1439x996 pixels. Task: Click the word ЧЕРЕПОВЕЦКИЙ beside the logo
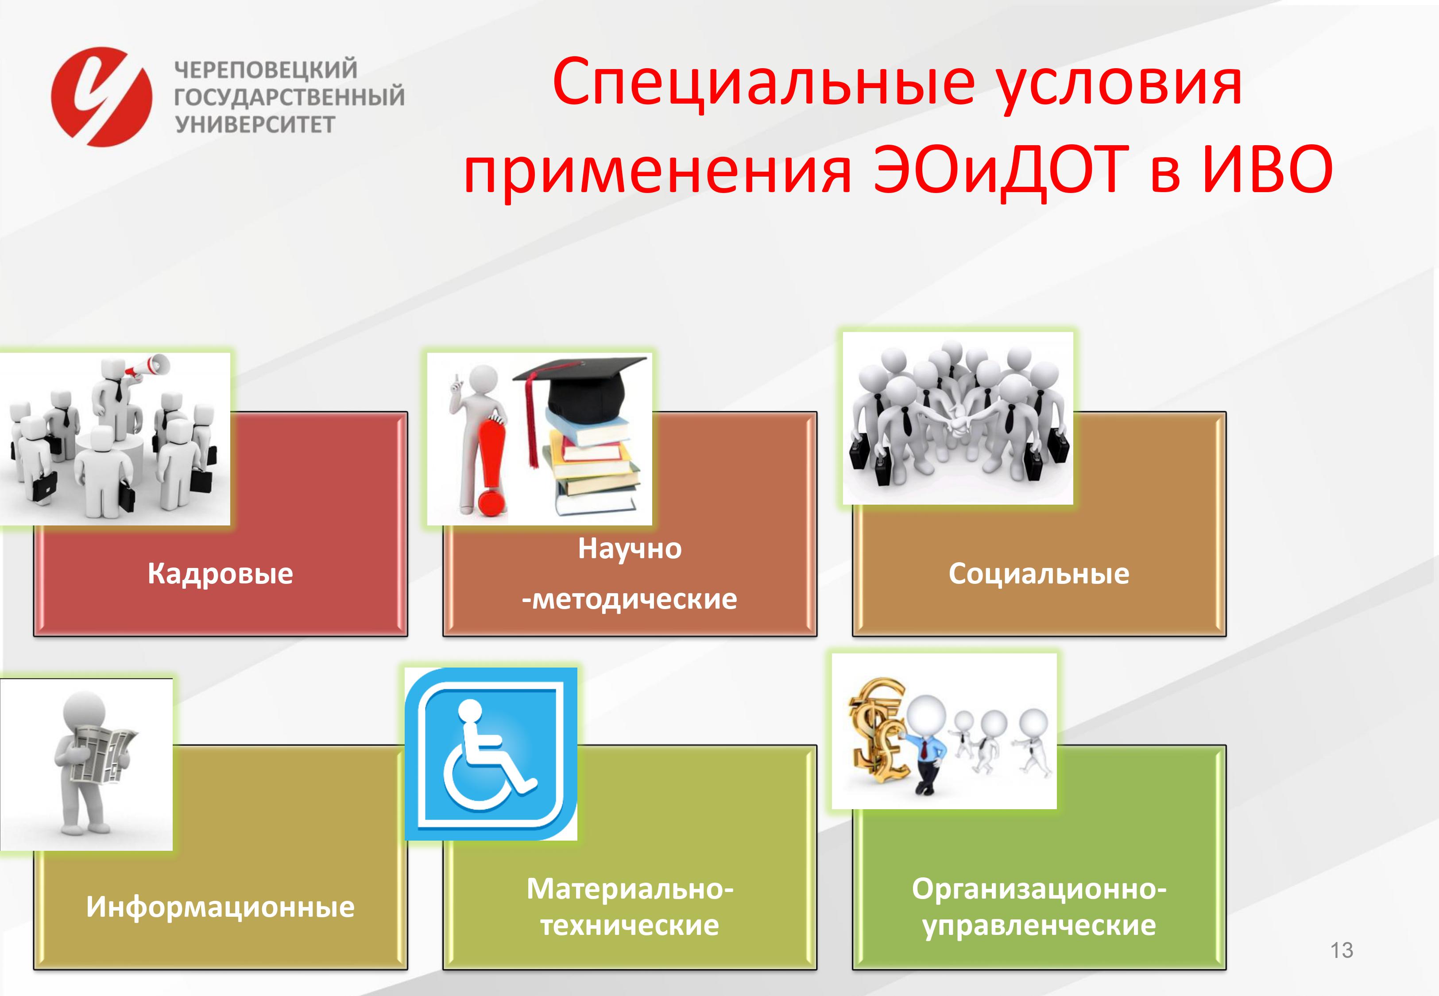pyautogui.click(x=266, y=69)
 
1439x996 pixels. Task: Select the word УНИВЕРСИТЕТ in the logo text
pyautogui.click(x=255, y=124)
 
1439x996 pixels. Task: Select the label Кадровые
pyautogui.click(x=220, y=574)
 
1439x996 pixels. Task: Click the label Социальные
pyautogui.click(x=1039, y=574)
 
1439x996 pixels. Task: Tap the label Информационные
pyautogui.click(x=220, y=907)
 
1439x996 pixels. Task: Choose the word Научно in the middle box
pyautogui.click(x=630, y=548)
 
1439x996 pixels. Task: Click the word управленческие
pyautogui.click(x=1039, y=926)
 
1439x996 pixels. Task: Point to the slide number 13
pyautogui.click(x=1342, y=950)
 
